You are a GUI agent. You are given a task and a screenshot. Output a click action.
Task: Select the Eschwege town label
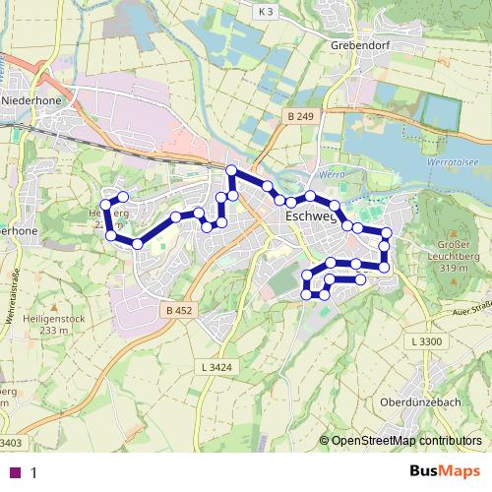coord(309,215)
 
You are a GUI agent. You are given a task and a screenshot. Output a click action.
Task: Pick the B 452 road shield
coord(176,311)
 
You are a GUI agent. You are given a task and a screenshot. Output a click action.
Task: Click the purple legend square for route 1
coord(14,472)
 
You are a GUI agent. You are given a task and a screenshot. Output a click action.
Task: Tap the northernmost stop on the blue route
coord(232,171)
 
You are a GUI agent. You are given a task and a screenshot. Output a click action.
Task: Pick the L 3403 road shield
coord(12,443)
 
